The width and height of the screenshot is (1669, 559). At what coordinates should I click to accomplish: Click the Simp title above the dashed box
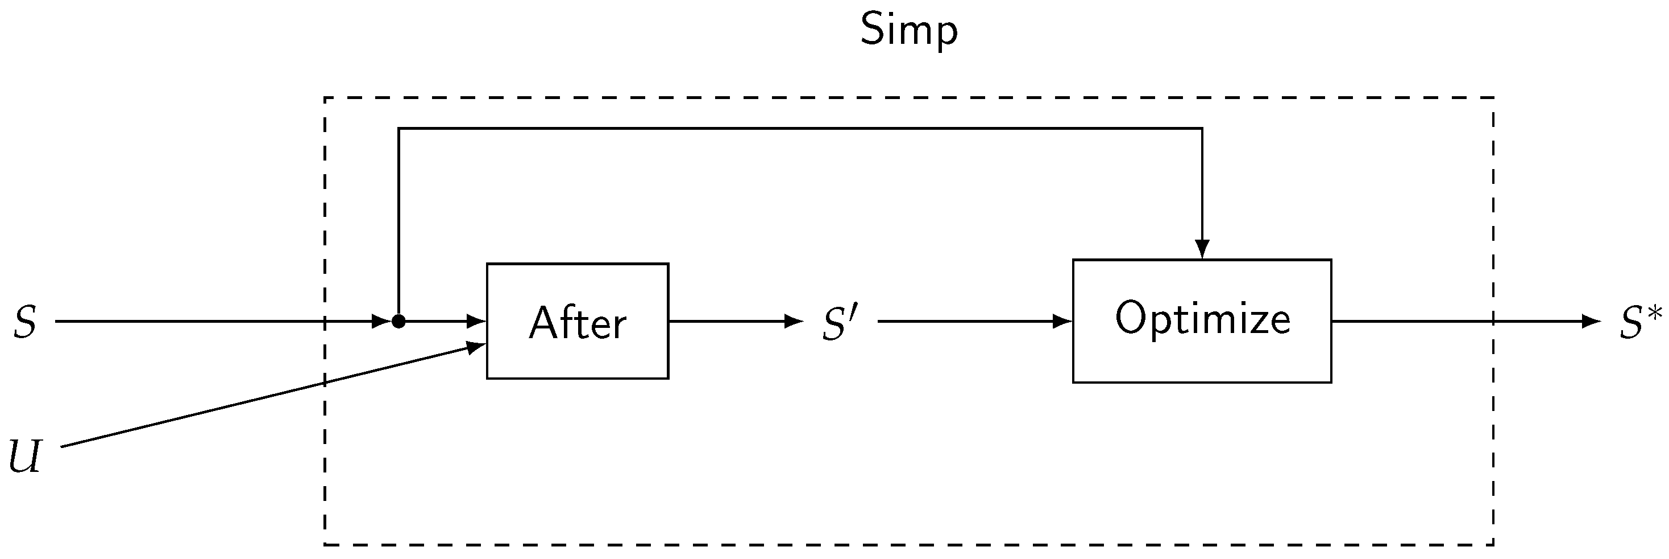908,31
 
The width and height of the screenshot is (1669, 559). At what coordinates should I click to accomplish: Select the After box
578,321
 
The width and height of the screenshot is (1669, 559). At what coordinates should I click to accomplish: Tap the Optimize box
1202,321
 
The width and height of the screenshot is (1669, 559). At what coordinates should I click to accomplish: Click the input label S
24,322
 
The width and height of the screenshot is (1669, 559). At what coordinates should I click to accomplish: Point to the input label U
24,457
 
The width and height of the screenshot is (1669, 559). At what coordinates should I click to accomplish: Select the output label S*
1640,322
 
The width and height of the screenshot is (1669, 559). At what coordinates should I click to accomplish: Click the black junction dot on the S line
398,321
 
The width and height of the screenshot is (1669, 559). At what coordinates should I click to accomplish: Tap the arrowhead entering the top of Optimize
1202,249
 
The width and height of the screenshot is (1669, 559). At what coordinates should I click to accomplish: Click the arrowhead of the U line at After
478,347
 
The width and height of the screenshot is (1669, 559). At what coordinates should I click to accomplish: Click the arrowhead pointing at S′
794,321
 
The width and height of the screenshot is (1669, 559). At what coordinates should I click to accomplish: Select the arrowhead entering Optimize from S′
1063,321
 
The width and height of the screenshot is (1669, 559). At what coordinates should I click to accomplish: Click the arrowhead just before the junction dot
381,321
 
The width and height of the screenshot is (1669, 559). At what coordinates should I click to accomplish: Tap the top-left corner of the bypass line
399,129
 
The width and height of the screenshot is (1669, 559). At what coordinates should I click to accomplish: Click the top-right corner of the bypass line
1202,129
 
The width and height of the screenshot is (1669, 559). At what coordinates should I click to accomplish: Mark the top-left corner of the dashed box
325,98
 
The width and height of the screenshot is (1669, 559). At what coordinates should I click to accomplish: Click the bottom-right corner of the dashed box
1493,545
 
